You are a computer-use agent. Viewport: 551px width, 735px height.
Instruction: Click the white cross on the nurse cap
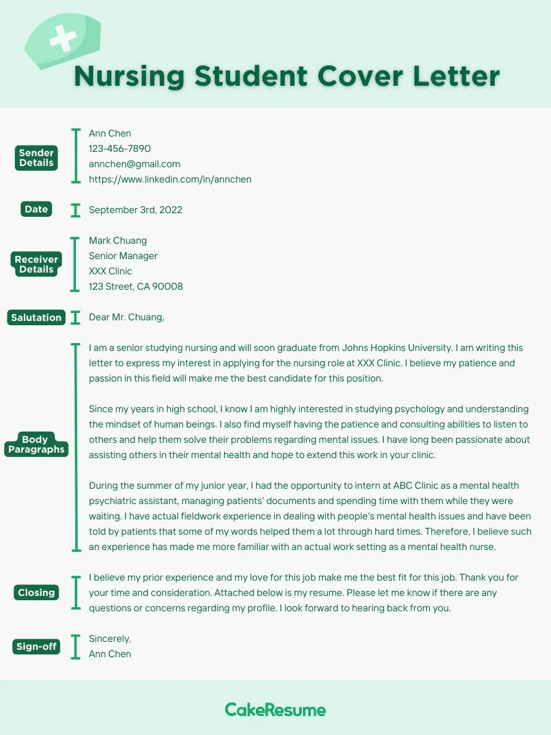[62, 39]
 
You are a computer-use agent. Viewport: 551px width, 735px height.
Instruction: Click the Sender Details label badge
[37, 158]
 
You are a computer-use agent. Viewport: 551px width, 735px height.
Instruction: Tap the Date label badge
[36, 209]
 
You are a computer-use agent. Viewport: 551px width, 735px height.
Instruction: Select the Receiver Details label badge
[36, 264]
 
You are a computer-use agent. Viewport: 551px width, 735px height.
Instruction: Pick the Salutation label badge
[36, 317]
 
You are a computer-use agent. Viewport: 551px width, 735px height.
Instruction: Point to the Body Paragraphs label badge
[36, 444]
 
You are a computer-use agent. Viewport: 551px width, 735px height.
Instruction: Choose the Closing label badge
[36, 592]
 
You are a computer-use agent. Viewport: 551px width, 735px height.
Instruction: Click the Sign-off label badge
[36, 646]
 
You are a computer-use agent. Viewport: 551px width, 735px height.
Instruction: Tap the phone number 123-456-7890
[119, 148]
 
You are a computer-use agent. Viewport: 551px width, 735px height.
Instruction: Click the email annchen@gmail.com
[134, 164]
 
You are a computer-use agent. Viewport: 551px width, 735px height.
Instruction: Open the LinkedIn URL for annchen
[170, 179]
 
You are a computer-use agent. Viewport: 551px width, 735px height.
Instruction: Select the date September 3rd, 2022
[135, 209]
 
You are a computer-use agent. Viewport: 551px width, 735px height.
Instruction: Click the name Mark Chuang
[118, 240]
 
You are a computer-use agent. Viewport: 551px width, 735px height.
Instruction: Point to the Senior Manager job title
[123, 255]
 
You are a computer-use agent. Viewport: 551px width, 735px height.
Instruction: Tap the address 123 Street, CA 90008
[135, 286]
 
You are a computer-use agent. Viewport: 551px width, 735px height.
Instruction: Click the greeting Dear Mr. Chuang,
[126, 317]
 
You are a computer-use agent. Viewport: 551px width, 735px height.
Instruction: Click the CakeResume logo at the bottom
[275, 710]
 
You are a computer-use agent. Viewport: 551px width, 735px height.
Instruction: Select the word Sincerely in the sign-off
[110, 638]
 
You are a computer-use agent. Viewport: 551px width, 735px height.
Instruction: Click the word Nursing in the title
[129, 77]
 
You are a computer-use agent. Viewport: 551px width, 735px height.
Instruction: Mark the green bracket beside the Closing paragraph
[76, 592]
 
